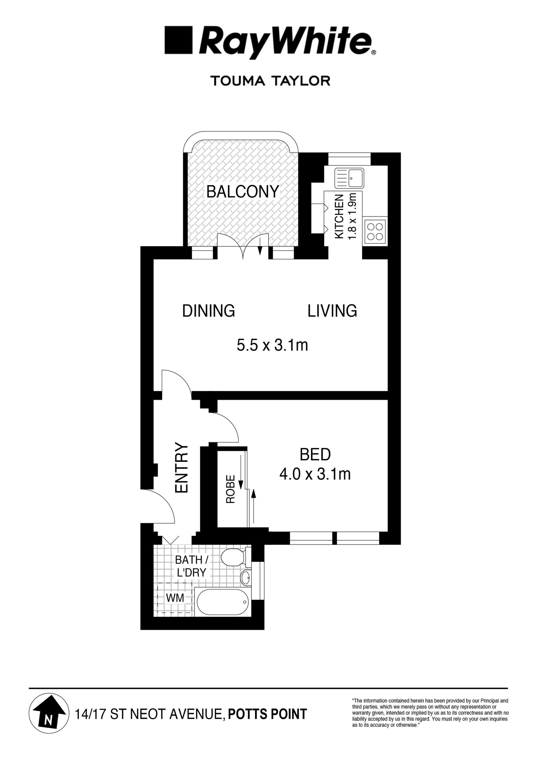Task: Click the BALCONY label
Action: pyautogui.click(x=242, y=192)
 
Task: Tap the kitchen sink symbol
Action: pyautogui.click(x=349, y=178)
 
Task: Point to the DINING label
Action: pyautogui.click(x=208, y=311)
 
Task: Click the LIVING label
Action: pyautogui.click(x=332, y=311)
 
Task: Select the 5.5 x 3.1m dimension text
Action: pyautogui.click(x=272, y=345)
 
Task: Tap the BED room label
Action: pyautogui.click(x=315, y=455)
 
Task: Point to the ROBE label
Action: pyautogui.click(x=230, y=489)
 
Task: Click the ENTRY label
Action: pyautogui.click(x=181, y=468)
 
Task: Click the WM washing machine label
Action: pyautogui.click(x=175, y=598)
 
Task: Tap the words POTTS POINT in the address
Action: pyautogui.click(x=267, y=714)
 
